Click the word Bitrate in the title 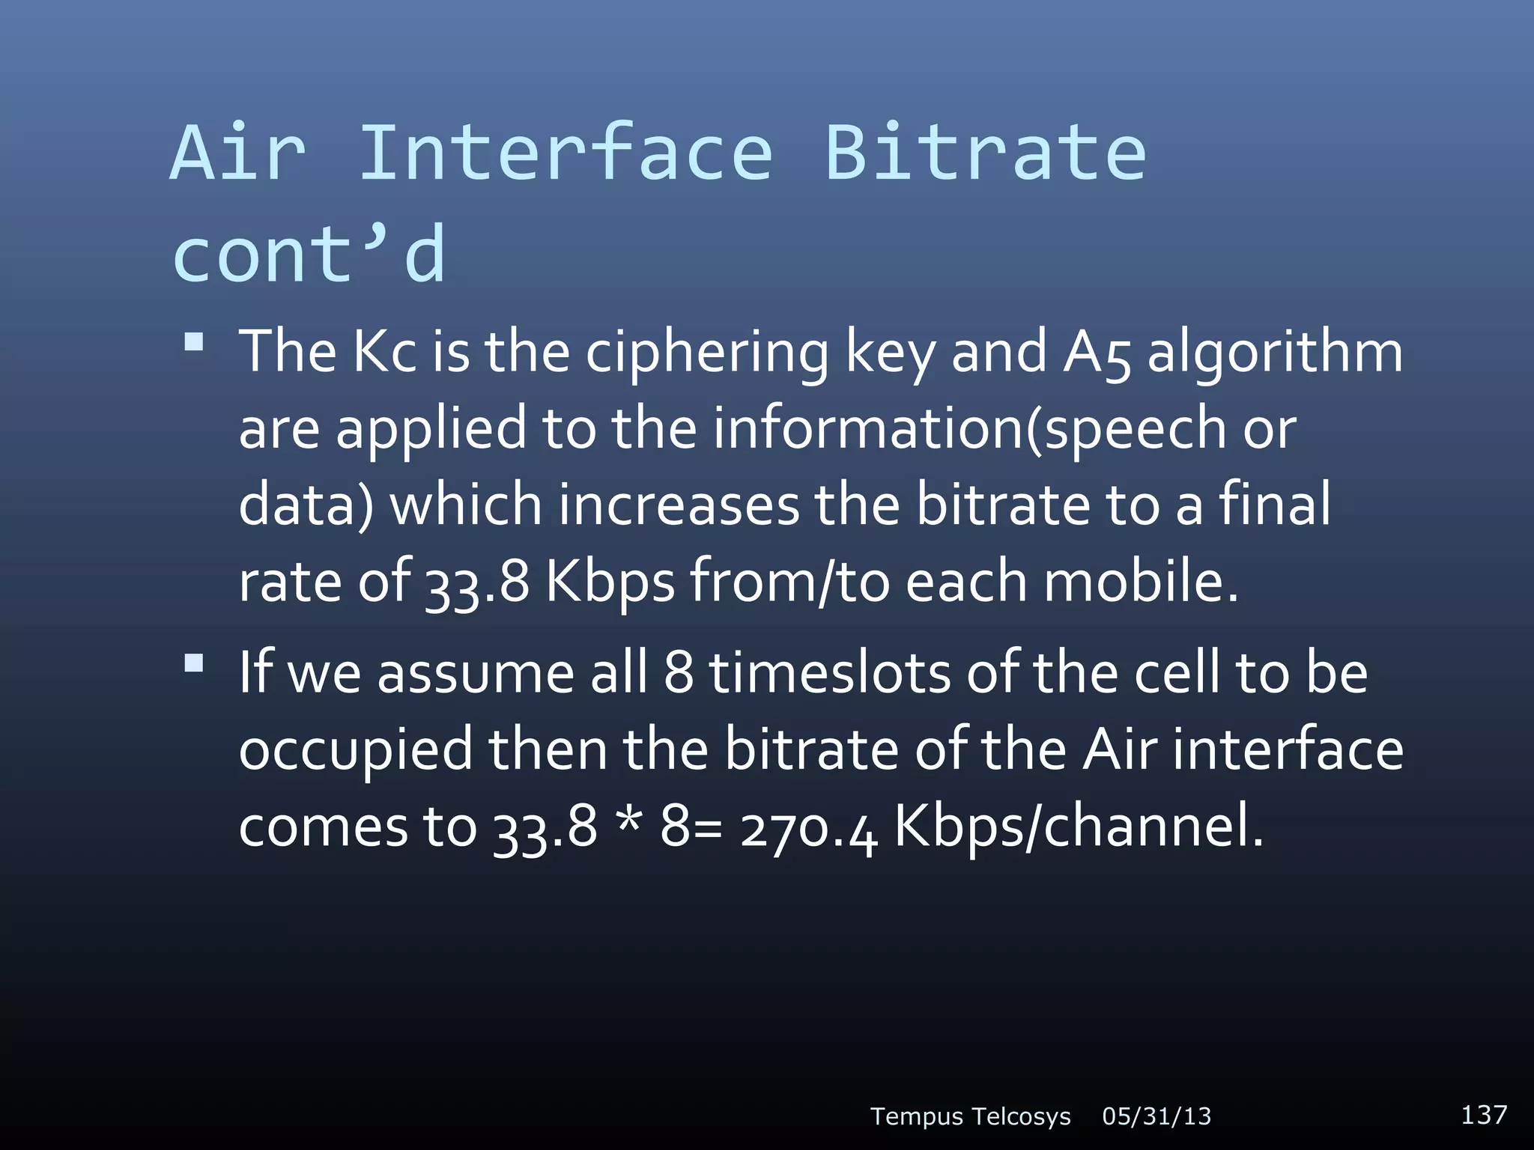[985, 153]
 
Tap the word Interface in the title [566, 153]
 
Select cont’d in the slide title [309, 255]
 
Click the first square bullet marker [194, 343]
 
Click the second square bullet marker [194, 663]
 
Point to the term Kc [384, 352]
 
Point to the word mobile [1141, 582]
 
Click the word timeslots [829, 672]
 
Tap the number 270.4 [807, 828]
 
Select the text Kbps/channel [1079, 828]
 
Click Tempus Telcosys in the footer [970, 1116]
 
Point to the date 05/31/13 [1156, 1116]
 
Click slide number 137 [1484, 1115]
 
